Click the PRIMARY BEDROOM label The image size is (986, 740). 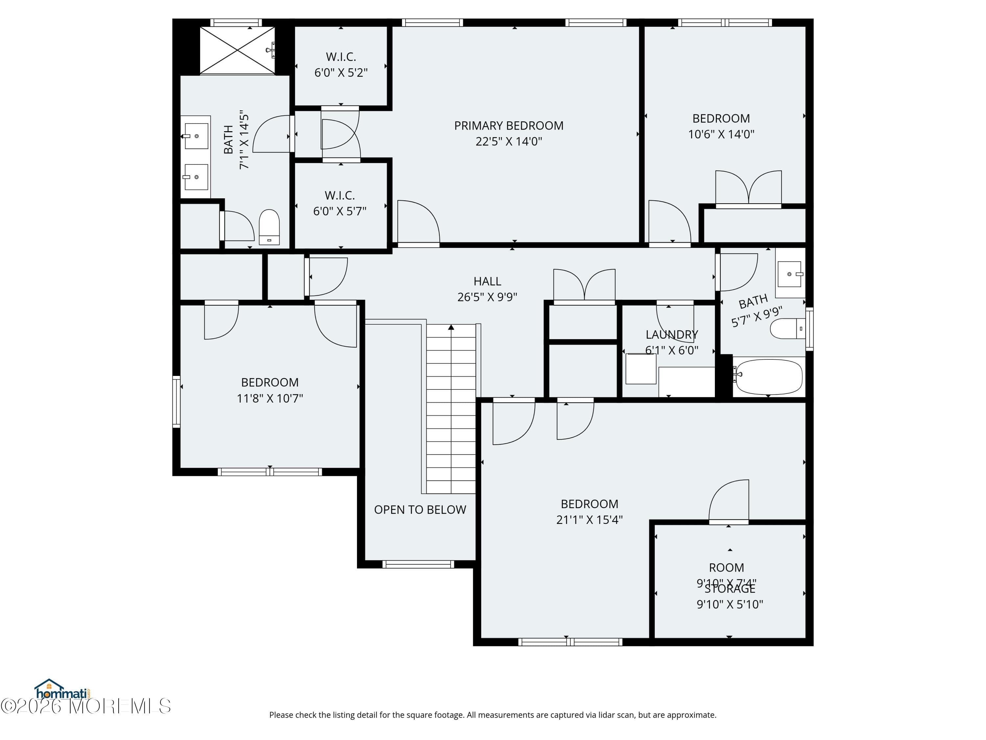tap(508, 126)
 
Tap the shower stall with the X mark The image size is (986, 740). tap(237, 50)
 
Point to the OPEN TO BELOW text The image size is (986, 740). tap(420, 510)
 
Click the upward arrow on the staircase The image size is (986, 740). tap(451, 327)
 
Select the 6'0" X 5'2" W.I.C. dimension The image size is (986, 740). tap(341, 73)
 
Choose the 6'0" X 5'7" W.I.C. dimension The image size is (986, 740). tap(340, 211)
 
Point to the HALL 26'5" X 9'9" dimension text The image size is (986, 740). tap(487, 297)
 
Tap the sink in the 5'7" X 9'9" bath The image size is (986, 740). tap(790, 274)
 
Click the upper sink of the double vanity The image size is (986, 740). tap(196, 136)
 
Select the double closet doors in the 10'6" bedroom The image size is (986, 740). tap(748, 188)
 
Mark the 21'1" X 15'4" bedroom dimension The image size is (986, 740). tap(589, 520)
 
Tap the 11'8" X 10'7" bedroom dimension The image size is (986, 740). tap(270, 398)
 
